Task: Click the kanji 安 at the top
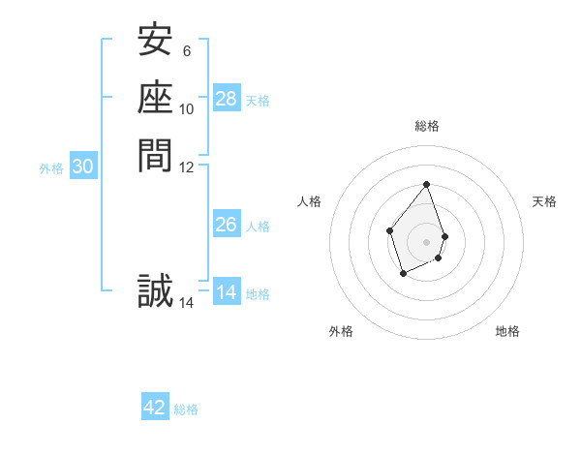tap(155, 42)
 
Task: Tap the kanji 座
tap(155, 98)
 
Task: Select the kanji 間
tap(155, 154)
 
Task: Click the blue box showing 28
tap(227, 98)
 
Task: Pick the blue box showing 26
tap(227, 225)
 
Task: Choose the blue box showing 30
tap(83, 167)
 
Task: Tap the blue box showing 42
tap(155, 408)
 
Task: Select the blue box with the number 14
tap(227, 292)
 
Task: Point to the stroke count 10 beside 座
tap(187, 108)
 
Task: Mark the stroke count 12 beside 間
tap(187, 167)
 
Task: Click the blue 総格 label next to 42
tap(186, 409)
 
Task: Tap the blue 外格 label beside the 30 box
tap(51, 168)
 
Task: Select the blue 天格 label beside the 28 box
tap(258, 100)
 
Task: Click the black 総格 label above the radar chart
tap(427, 126)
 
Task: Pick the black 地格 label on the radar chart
tap(507, 331)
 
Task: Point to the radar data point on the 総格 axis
tap(427, 184)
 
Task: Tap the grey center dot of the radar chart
tap(427, 241)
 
